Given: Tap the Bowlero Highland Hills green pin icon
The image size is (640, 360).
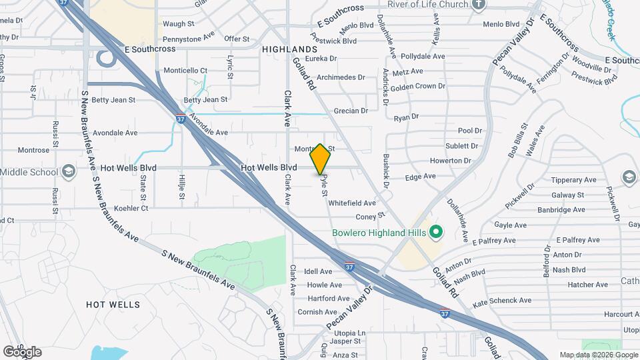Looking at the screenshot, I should pos(436,233).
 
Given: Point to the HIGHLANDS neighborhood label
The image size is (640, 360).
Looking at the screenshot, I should pos(289,50).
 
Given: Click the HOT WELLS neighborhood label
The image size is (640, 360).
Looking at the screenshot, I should pos(113,305).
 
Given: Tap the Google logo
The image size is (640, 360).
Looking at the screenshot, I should pos(22,352).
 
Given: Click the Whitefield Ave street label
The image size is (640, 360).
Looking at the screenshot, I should pos(352,203).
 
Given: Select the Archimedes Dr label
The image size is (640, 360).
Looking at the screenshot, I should pos(341,77).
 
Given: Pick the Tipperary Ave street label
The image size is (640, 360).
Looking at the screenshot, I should pos(572,180).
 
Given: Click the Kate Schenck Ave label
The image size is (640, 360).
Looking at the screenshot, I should pos(501,301).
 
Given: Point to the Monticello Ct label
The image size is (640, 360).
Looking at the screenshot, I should pos(186,71).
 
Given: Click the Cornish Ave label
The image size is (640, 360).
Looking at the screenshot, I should pos(317,312).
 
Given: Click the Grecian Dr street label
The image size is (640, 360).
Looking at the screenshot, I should pos(351,111).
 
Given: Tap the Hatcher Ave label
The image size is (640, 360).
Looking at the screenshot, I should pos(588,285).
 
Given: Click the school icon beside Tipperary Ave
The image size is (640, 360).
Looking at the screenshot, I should pos(628,177).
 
